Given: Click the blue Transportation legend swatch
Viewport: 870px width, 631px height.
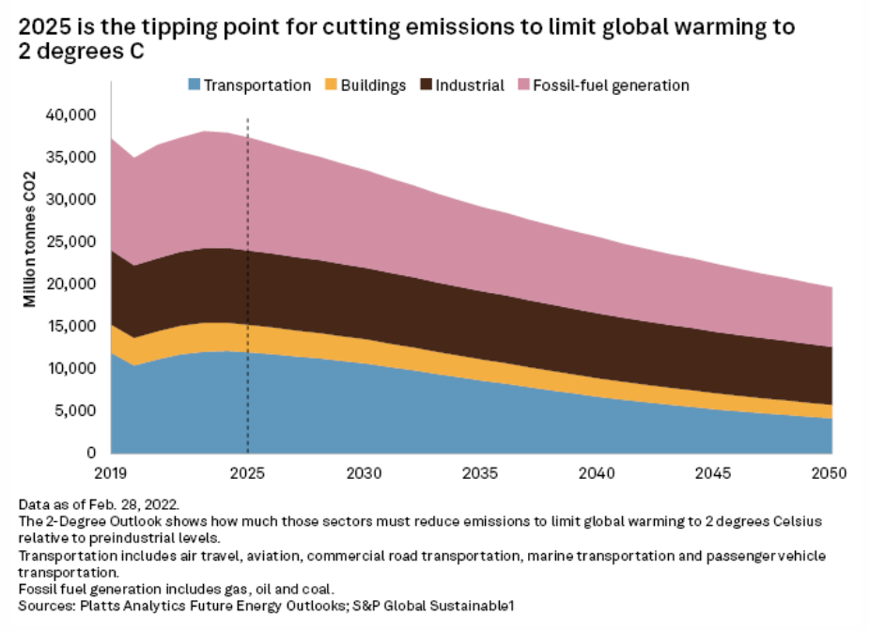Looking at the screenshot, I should (194, 85).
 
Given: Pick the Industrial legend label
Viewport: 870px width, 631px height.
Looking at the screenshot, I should (470, 85).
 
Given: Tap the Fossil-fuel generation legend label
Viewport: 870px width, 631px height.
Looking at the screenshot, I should (611, 85).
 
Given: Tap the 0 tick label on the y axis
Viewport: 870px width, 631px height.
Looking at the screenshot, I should (92, 453).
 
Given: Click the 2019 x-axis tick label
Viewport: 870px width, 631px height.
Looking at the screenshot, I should (112, 470).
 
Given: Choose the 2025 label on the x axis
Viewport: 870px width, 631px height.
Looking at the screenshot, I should (248, 470).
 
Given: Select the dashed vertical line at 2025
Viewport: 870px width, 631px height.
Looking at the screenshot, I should (248, 282).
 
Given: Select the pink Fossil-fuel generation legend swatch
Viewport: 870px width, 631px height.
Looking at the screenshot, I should (523, 85).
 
